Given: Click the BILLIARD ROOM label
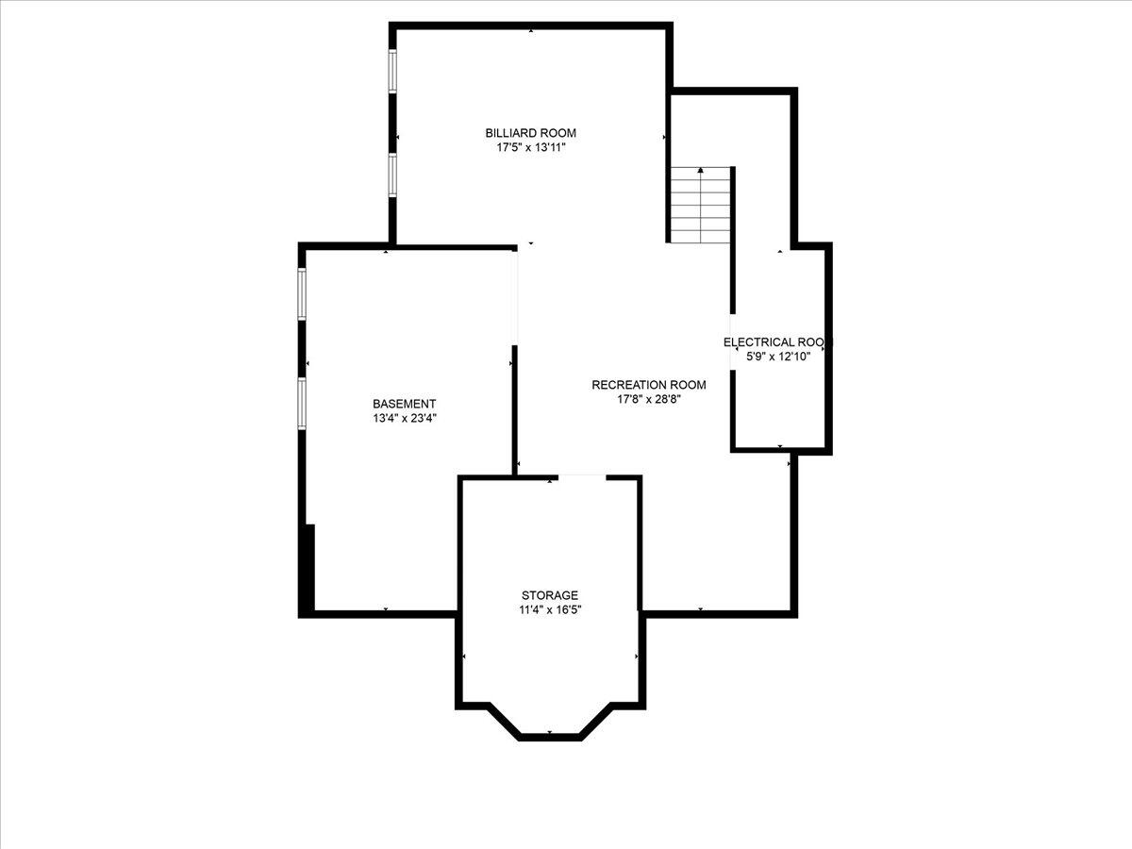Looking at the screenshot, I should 530,133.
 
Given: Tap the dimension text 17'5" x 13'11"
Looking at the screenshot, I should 530,148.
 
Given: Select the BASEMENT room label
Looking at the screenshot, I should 404,404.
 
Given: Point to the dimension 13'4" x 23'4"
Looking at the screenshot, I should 404,418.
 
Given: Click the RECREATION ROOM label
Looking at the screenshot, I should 648,385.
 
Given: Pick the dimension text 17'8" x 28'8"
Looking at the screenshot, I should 648,399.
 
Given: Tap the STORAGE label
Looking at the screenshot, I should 550,595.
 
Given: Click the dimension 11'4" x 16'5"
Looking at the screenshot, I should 550,610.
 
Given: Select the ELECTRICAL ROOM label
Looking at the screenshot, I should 777,342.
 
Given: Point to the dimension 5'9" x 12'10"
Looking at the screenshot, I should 777,357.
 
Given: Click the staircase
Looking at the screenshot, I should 701,206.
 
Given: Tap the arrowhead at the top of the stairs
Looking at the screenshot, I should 701,171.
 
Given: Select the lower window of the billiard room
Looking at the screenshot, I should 392,175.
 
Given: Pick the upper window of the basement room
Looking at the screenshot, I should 302,293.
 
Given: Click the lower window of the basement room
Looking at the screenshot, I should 302,404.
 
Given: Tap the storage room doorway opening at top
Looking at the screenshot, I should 582,477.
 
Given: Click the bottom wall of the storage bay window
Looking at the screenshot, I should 550,736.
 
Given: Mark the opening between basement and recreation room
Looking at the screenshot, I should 515,297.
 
